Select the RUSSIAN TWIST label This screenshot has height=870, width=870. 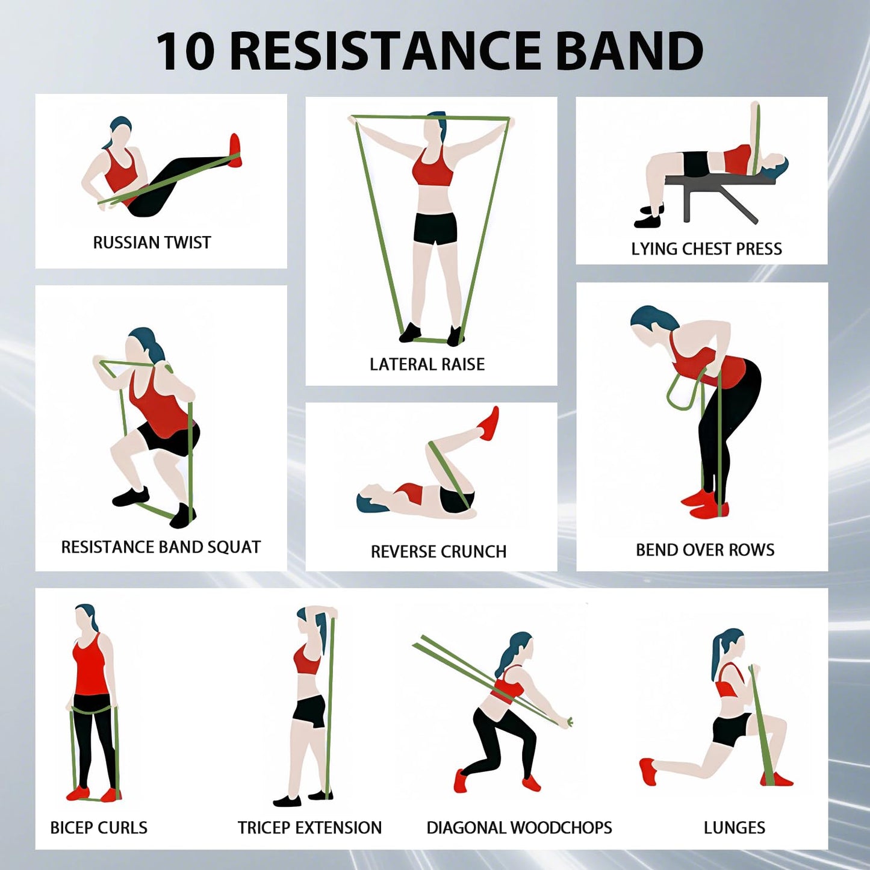click(152, 243)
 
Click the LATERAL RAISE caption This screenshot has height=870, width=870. click(427, 364)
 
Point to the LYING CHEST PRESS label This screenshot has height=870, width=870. click(706, 249)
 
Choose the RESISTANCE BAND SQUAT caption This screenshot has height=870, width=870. click(161, 547)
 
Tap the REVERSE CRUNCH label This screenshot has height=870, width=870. click(438, 552)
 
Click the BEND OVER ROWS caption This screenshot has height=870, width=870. click(705, 550)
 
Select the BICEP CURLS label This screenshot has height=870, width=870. click(99, 828)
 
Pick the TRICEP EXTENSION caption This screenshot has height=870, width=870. click(309, 828)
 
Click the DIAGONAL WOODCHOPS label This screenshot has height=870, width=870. click(519, 828)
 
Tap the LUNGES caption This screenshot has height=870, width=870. click(735, 828)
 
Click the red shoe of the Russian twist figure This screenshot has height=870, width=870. click(235, 151)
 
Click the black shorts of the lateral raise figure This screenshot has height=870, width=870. click(435, 228)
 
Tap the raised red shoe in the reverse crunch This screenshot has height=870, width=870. click(489, 424)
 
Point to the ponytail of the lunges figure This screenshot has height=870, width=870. click(718, 656)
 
